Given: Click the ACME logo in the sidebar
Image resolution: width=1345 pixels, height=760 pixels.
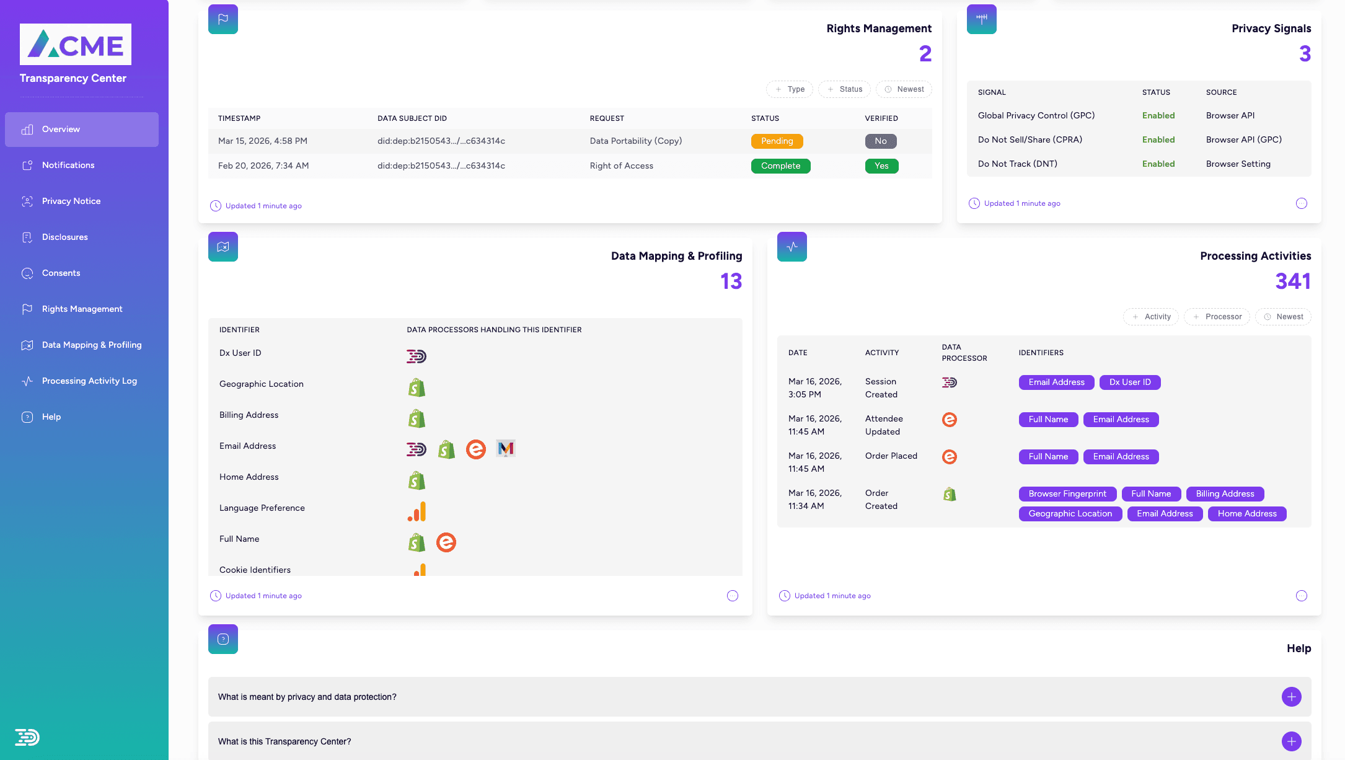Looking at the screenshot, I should pos(76,45).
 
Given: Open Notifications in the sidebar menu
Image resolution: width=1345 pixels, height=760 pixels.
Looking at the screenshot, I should pos(68,165).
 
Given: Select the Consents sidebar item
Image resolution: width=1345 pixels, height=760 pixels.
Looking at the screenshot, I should pos(61,273).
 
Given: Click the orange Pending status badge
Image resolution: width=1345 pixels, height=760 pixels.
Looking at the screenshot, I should pos(777,141).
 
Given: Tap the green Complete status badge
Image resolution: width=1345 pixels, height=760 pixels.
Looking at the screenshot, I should pos(780,166).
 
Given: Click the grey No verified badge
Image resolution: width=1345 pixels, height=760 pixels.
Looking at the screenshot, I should pos(880,141).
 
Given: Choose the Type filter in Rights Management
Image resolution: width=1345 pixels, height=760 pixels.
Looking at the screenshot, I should pos(790,89).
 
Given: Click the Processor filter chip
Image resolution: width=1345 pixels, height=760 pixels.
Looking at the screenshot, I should pos(1217,317).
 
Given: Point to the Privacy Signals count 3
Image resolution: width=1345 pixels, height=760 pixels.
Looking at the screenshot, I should pos(1305,54).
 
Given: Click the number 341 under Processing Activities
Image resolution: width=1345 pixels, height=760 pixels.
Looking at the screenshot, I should pos(1292,281).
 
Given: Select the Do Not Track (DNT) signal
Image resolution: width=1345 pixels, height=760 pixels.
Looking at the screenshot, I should pos(1017,164).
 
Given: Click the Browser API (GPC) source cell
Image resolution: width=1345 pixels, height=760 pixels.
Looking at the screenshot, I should pos(1243,139).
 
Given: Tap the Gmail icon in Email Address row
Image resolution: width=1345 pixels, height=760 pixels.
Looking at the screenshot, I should pos(506,449).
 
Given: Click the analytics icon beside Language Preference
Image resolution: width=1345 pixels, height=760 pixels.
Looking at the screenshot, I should pos(417,511).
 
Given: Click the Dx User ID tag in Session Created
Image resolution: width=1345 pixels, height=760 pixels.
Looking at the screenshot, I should pos(1129,382).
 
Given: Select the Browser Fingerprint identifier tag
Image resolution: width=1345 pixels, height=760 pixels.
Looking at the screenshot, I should pos(1067,494).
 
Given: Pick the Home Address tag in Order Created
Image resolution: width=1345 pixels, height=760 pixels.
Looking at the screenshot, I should pos(1246,514).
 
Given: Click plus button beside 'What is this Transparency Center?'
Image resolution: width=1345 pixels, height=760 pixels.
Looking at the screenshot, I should pos(1291,741).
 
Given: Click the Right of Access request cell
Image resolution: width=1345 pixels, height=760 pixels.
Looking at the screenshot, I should pos(621,166).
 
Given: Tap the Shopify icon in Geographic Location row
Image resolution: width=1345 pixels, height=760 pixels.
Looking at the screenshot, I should pos(417,388).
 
